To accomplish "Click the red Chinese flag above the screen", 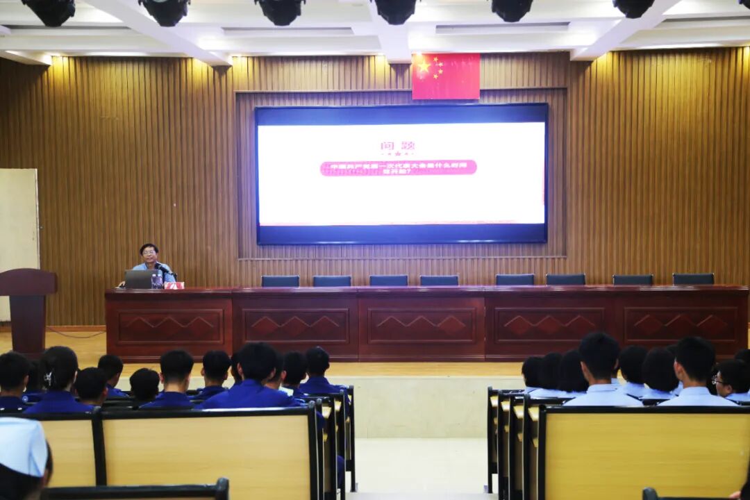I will tap(446, 76).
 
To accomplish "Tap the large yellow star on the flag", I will tap(424, 67).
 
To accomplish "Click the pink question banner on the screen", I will tap(398, 168).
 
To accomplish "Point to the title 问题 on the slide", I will tap(397, 146).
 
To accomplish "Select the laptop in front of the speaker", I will tap(138, 279).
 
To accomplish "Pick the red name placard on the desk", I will tap(174, 285).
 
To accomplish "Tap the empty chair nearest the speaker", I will tap(281, 281).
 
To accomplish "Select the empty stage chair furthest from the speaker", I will tap(693, 279).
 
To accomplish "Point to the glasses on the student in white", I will tap(718, 380).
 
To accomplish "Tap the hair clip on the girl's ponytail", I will tap(48, 378).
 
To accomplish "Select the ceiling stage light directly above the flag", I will tap(395, 10).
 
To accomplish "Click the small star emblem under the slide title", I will tap(397, 154).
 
